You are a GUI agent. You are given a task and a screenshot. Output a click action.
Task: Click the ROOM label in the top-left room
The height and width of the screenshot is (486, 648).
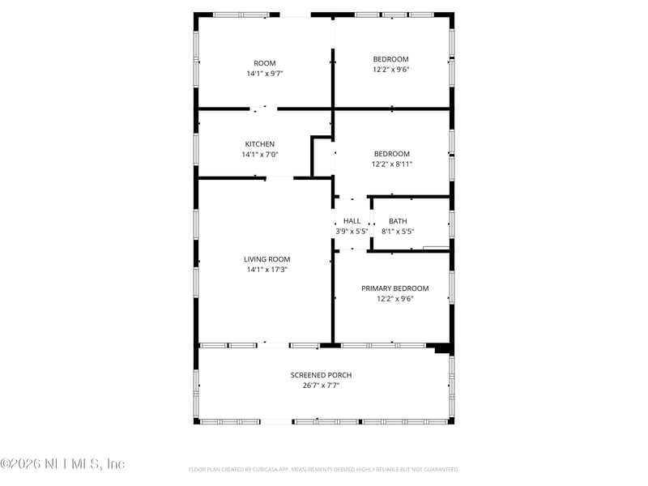[x=265, y=63]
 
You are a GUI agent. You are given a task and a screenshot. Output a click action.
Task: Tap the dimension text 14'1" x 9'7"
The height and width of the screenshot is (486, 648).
[x=265, y=73]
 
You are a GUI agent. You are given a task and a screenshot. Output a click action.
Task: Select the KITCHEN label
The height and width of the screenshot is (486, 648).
[x=259, y=144]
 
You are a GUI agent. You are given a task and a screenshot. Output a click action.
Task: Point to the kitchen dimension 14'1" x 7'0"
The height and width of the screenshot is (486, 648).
[x=259, y=154]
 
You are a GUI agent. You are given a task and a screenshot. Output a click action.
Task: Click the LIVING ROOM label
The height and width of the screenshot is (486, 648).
[x=266, y=259]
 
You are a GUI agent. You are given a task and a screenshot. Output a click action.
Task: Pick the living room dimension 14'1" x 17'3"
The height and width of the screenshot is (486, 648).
[x=266, y=269]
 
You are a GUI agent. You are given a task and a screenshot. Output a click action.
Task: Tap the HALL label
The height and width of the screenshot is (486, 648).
[x=352, y=221]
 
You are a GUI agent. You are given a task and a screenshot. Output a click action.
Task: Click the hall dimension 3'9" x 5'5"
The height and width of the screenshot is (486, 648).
[x=352, y=231]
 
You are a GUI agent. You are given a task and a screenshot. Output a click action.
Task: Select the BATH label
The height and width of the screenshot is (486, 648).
[x=398, y=221]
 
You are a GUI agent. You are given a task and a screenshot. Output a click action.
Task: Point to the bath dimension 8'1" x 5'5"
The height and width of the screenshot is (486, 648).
[x=398, y=231]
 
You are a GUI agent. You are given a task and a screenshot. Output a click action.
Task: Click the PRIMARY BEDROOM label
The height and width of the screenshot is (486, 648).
[x=395, y=288]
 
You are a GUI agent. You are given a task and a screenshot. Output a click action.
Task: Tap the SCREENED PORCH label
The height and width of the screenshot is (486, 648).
[x=322, y=375]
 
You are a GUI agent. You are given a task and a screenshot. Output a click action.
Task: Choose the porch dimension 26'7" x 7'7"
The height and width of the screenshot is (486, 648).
[x=322, y=386]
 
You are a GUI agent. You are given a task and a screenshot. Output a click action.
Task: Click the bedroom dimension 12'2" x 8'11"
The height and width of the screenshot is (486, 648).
[x=391, y=164]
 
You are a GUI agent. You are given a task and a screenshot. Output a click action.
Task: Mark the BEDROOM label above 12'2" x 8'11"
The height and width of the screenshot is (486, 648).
[x=391, y=154]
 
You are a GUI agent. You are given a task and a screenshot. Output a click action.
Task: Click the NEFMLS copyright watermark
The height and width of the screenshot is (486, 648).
[x=62, y=464]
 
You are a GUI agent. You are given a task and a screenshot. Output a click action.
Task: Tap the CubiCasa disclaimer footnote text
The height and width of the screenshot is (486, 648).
[x=324, y=469]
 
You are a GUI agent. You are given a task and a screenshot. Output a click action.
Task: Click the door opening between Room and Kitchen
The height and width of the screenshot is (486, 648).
[x=264, y=108]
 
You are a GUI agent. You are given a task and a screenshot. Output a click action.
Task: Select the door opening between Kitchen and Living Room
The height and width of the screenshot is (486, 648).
[x=279, y=177]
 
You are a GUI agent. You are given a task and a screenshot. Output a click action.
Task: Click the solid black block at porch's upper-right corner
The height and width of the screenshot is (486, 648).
[x=441, y=349]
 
